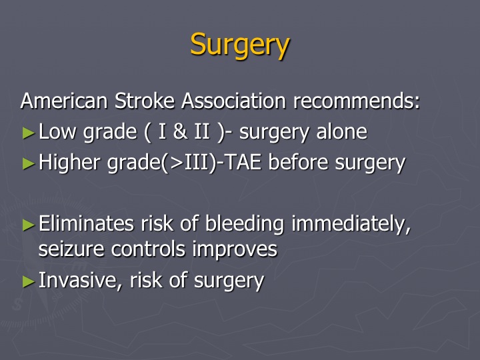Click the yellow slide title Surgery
point(240,45)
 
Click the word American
point(64,101)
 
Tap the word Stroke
point(145,101)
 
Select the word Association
point(233,101)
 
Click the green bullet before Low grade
point(29,133)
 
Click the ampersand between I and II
point(180,131)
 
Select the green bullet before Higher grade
point(29,164)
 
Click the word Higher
point(69,162)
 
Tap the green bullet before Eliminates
point(29,225)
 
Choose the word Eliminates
point(86,223)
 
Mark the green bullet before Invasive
point(29,281)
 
